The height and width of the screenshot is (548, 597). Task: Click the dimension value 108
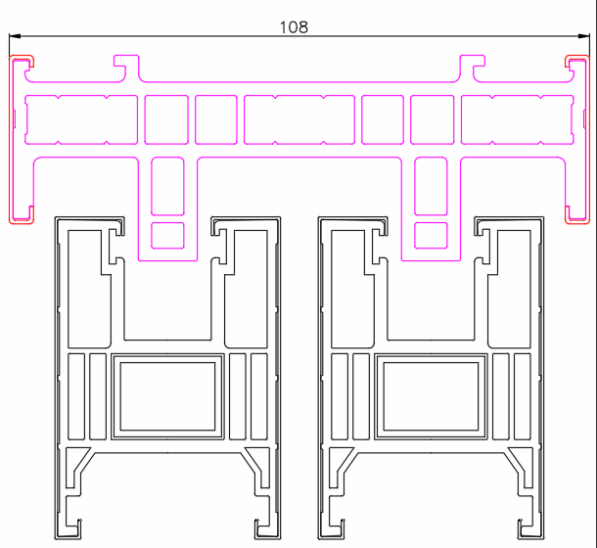coord(294,27)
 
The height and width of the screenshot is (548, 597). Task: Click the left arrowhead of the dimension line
coord(15,36)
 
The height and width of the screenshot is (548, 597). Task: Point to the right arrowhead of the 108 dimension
coord(584,36)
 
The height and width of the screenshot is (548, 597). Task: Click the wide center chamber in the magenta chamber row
coord(299,119)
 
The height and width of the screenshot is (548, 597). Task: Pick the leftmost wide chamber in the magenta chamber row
coord(81,119)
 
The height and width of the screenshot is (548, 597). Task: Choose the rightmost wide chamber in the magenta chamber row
coord(518,119)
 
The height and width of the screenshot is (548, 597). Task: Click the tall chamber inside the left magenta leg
coord(167,186)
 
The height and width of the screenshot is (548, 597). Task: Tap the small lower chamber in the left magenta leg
coord(167,236)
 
